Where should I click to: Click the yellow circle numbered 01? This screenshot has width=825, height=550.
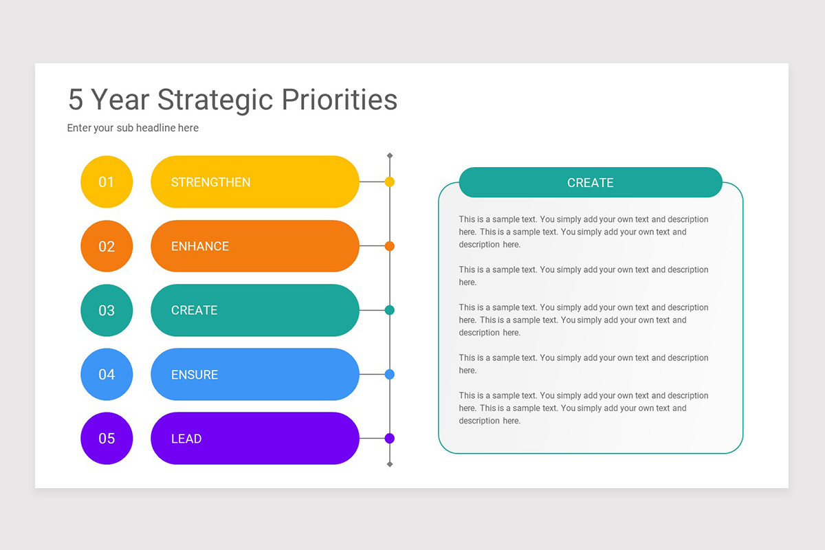tap(107, 182)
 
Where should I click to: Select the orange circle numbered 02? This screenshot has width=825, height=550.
tap(107, 246)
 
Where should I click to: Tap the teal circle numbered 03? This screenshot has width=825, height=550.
tap(107, 310)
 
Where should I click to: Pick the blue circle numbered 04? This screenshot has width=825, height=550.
tap(107, 375)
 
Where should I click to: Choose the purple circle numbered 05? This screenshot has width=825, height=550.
tap(107, 439)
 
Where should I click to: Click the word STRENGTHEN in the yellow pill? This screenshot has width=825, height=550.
tap(210, 182)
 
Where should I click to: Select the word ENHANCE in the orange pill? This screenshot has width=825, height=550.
tap(200, 246)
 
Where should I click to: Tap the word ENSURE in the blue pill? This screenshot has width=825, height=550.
tap(195, 375)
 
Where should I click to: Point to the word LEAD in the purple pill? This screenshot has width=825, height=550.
tap(186, 439)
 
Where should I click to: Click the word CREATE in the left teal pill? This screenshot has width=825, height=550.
tap(194, 310)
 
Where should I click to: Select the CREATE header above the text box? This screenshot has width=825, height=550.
tap(590, 183)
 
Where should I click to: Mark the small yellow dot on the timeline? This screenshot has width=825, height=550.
tap(390, 182)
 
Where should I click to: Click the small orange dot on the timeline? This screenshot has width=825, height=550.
tap(390, 246)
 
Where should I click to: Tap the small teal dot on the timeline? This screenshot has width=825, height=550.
tap(390, 310)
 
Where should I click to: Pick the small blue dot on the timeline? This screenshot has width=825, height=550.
tap(390, 375)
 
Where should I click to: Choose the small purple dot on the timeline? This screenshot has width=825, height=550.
tap(390, 439)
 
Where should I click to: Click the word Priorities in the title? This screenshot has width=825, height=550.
tap(340, 100)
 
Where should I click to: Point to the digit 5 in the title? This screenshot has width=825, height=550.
tap(76, 100)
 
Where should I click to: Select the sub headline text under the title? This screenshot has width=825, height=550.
tap(133, 128)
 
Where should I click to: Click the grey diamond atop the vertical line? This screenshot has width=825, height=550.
tap(390, 156)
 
